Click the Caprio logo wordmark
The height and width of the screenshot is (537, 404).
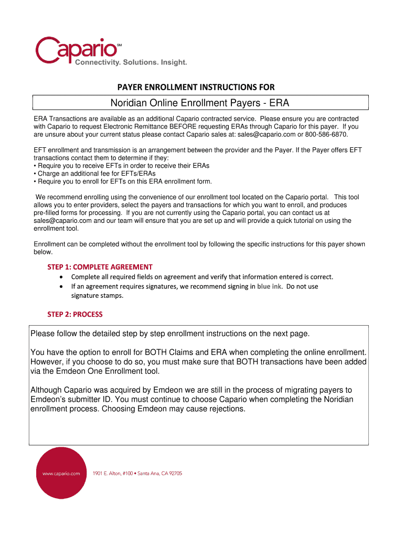tap(77, 48)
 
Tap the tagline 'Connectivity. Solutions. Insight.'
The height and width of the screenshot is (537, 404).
tap(131, 62)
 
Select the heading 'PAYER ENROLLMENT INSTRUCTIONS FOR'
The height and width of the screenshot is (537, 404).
tap(196, 87)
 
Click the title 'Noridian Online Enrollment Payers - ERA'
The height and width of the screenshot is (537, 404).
tap(201, 102)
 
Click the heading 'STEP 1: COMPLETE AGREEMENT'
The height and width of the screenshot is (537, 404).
tap(100, 266)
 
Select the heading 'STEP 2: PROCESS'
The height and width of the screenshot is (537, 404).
tap(75, 314)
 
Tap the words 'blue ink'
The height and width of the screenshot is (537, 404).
tap(269, 286)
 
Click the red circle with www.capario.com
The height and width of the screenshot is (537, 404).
tap(61, 473)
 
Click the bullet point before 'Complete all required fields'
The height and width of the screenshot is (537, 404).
tap(62, 276)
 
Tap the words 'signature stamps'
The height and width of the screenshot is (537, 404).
tap(97, 295)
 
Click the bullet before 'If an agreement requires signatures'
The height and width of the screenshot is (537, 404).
tap(62, 286)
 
